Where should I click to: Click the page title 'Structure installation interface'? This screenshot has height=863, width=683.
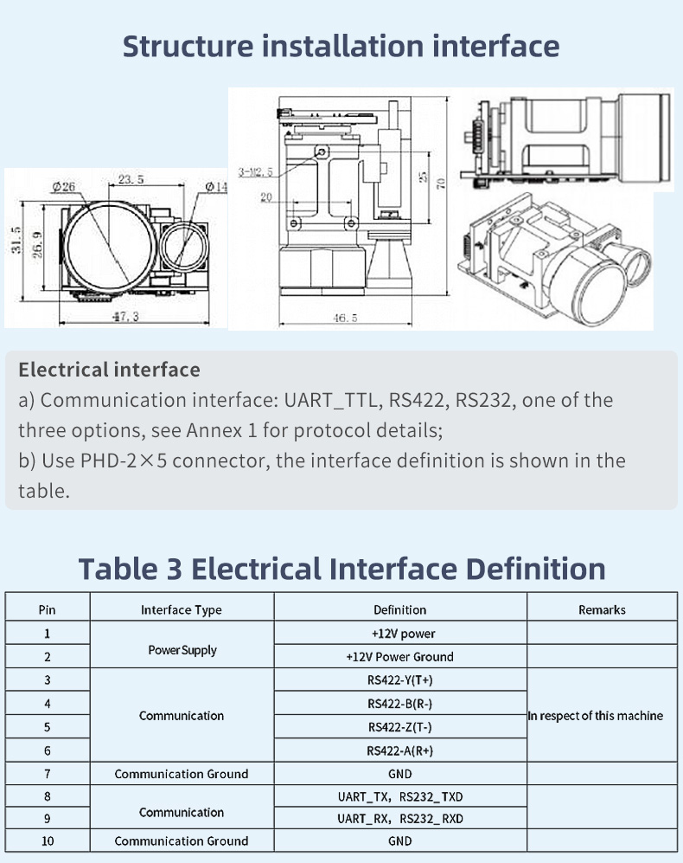(341, 46)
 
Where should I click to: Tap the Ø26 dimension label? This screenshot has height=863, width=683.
(63, 187)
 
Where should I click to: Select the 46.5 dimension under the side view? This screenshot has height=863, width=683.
(344, 318)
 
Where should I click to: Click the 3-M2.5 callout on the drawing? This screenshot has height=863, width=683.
(255, 172)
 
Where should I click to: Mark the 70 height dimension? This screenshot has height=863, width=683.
(441, 183)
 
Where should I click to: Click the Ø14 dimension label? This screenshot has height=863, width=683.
(216, 186)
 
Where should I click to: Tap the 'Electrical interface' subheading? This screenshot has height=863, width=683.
(109, 370)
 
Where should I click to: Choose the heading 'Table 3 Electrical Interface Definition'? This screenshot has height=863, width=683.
(341, 569)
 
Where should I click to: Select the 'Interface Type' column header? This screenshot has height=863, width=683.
(182, 609)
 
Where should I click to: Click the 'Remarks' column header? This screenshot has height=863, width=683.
(602, 609)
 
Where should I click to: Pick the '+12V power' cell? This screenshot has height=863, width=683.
(399, 634)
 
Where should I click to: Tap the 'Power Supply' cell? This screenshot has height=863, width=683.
(182, 649)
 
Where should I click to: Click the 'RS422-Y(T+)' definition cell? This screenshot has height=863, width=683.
(399, 679)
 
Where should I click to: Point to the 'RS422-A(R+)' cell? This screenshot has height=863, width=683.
(399, 750)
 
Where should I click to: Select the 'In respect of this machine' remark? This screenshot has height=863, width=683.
(596, 715)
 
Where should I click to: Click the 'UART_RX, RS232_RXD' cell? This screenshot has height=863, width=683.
(399, 818)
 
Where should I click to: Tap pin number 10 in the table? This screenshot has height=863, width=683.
(47, 840)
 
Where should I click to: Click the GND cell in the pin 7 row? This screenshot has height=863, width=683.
(399, 774)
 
